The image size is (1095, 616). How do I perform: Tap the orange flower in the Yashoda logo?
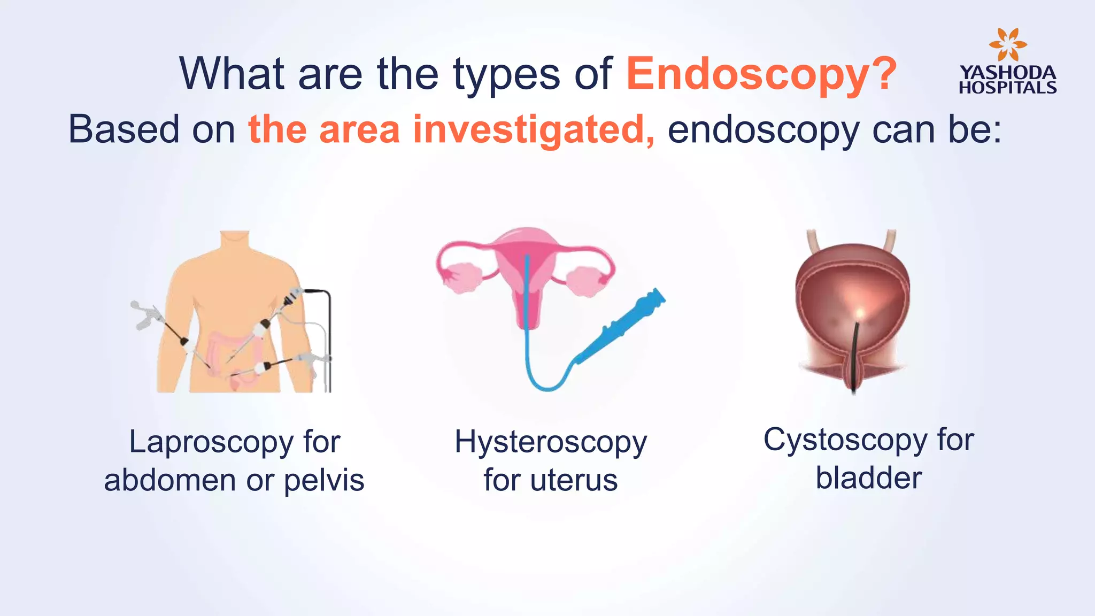pyautogui.click(x=1007, y=45)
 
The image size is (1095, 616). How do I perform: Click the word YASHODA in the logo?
pyautogui.click(x=1008, y=73)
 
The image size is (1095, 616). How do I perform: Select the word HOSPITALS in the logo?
pyautogui.click(x=1008, y=87)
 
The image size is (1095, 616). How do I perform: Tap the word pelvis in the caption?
pyautogui.click(x=324, y=480)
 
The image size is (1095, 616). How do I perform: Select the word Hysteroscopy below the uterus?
pyautogui.click(x=551, y=443)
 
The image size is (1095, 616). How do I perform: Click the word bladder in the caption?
pyautogui.click(x=868, y=478)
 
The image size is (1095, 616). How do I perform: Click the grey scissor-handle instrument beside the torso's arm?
pyautogui.click(x=144, y=315)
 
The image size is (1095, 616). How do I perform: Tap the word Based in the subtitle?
pyautogui.click(x=124, y=130)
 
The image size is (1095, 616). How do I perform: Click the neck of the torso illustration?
pyautogui.click(x=235, y=241)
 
